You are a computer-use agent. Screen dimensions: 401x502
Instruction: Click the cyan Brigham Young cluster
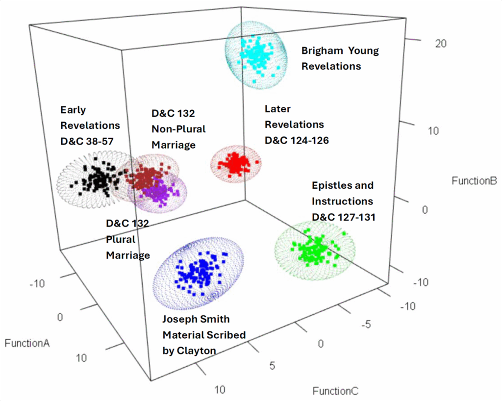click(x=255, y=55)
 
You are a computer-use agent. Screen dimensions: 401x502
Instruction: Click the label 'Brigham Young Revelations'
click(x=340, y=58)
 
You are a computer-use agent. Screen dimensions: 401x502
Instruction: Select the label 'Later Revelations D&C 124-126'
click(x=297, y=125)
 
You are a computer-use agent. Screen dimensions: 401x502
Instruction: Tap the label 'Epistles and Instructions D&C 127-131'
click(x=343, y=201)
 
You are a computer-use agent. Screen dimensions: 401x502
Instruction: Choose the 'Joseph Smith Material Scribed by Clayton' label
click(x=204, y=335)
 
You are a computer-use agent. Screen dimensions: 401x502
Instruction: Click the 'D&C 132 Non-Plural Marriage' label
click(x=178, y=129)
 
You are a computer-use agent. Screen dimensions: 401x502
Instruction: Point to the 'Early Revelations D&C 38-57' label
click(x=87, y=125)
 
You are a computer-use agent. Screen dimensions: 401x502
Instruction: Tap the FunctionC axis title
click(x=335, y=391)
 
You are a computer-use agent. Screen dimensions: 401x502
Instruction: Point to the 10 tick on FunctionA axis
click(x=81, y=358)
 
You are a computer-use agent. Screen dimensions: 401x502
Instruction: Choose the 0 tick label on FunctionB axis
click(x=425, y=209)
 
